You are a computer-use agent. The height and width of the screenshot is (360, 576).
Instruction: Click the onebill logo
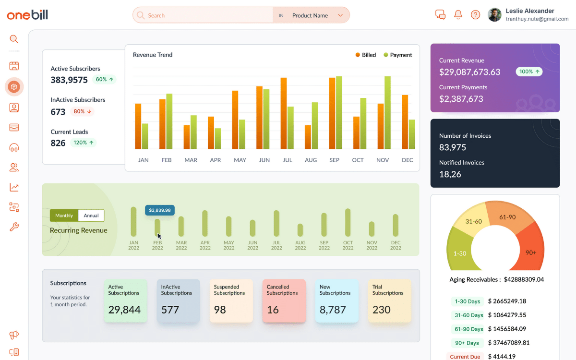point(27,15)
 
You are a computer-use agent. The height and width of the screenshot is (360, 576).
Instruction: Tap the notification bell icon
point(458,15)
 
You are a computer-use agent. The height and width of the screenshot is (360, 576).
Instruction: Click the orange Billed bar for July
point(284,113)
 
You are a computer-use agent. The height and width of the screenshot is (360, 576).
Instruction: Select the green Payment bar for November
point(387,113)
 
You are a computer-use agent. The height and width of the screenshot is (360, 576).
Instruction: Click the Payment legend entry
point(398,55)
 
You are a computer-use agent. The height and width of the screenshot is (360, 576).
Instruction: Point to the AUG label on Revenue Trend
point(311,160)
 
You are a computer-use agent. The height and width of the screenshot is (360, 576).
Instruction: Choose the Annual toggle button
point(91,216)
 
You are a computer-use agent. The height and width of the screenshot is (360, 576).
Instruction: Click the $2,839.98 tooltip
point(160,210)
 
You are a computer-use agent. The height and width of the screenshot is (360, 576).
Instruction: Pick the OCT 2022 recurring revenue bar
point(348,222)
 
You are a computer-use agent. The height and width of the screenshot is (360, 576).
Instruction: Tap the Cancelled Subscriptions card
point(284,301)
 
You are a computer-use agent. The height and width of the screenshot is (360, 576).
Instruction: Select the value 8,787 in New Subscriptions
point(333,310)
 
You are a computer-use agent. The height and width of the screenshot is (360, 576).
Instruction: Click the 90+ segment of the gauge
point(530,252)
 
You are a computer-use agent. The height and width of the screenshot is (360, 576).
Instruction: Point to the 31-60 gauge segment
point(474,221)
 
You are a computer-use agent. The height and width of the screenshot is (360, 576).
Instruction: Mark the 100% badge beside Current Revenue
point(529,72)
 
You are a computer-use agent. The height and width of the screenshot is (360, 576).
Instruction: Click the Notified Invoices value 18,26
point(450,174)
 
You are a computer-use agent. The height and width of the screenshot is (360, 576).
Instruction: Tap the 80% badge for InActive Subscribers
point(82,111)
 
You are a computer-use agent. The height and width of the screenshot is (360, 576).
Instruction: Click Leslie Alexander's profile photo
point(494,15)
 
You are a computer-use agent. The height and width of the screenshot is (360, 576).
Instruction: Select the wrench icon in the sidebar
point(14,227)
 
